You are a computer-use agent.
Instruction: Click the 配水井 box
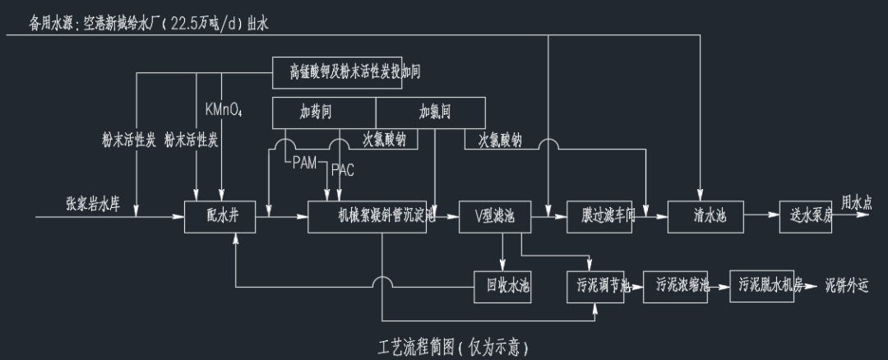[x=220, y=216]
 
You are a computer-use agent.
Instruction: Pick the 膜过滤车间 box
[x=600, y=216]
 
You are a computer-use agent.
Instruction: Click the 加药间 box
[x=323, y=111]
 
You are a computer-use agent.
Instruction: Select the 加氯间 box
[x=430, y=111]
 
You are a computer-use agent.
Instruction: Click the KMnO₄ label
[x=223, y=108]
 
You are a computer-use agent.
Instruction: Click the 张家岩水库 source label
[x=93, y=203]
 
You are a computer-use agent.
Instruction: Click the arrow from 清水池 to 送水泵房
[x=763, y=216]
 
